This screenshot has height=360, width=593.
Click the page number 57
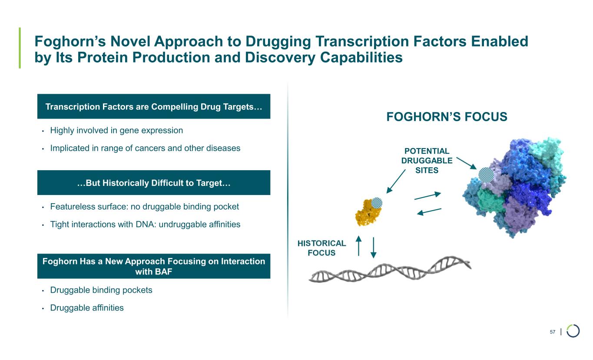(x=553, y=332)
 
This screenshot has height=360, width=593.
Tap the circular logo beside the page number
(x=573, y=331)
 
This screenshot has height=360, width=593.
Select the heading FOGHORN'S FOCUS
(x=447, y=117)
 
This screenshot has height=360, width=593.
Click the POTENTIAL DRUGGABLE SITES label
(x=427, y=161)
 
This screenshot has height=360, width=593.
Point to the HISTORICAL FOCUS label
(x=321, y=248)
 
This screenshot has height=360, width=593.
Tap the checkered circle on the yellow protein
(x=378, y=202)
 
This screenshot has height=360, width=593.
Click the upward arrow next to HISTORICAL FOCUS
(x=358, y=246)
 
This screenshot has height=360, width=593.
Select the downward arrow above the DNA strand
(x=373, y=248)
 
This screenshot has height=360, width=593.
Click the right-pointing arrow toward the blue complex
(x=428, y=196)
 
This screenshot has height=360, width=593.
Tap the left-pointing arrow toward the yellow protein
(x=429, y=211)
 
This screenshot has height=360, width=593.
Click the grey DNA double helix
(x=390, y=269)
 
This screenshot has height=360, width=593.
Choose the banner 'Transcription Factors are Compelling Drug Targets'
(x=154, y=106)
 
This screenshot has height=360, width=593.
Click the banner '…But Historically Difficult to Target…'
(x=154, y=183)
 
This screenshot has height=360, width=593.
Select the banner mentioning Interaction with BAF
(x=154, y=266)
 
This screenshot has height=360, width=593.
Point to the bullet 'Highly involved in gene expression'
(x=116, y=130)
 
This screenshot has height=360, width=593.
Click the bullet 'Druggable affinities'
(x=87, y=308)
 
